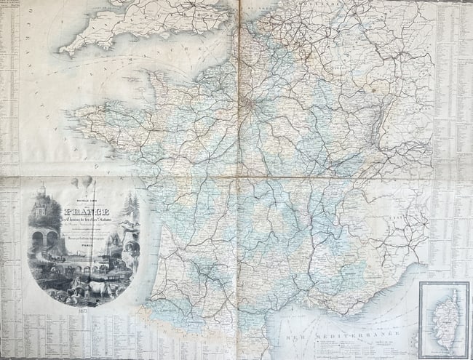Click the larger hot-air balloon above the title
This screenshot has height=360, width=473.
click(87, 182)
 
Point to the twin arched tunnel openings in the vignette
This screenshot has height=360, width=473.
click(44, 238)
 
